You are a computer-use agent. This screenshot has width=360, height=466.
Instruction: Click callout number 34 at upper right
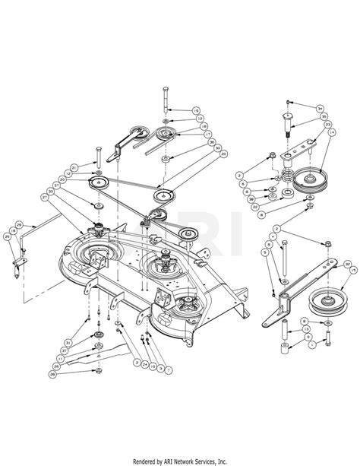320,108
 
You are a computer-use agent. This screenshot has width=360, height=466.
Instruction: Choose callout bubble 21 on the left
74,167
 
